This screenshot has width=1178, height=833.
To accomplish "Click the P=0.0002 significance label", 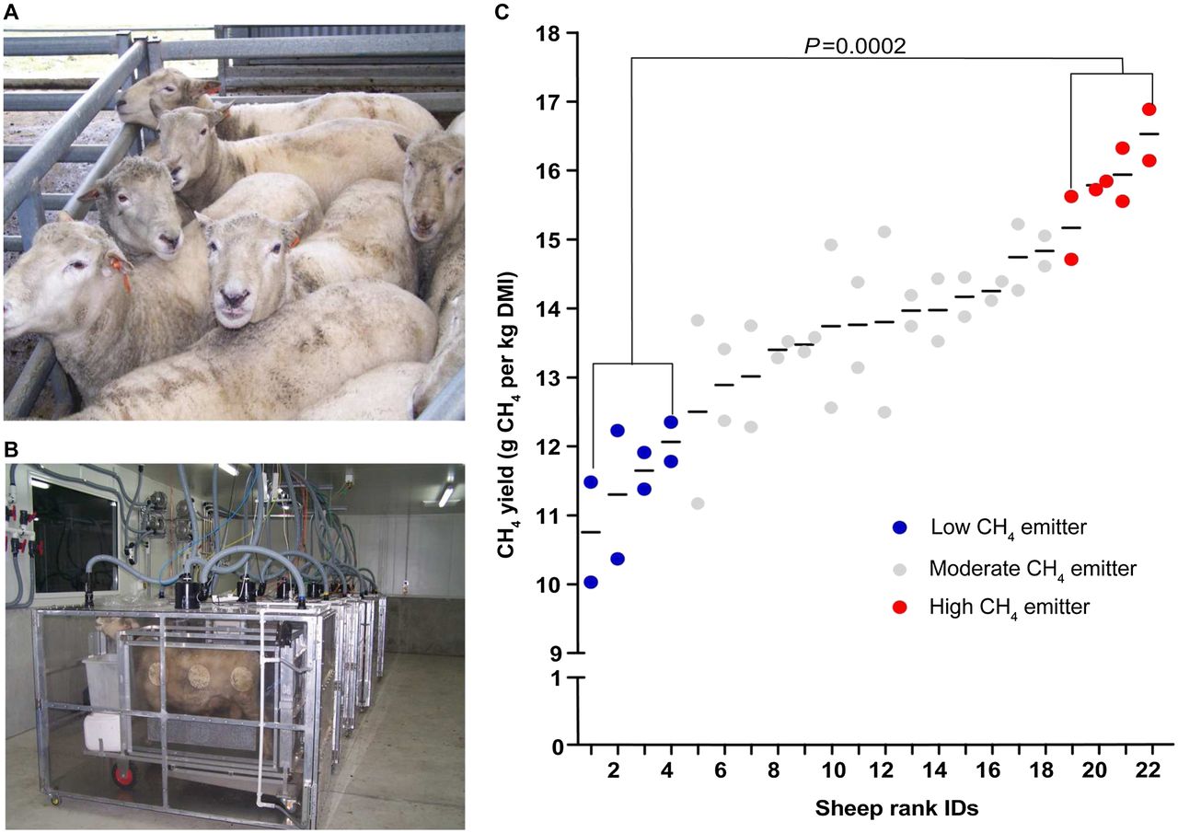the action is click(x=855, y=46).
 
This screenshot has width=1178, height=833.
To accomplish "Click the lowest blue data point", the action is click(x=591, y=582).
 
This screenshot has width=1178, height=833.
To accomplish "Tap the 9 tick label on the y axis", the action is click(x=556, y=654).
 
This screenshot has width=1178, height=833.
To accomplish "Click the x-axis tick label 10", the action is click(x=833, y=771).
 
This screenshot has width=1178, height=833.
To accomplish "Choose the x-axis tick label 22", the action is click(x=1148, y=771).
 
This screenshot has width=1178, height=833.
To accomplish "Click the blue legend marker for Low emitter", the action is click(x=900, y=527).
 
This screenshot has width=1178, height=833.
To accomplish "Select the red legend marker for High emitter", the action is click(x=900, y=607).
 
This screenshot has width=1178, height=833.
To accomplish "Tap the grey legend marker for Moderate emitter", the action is click(x=900, y=569).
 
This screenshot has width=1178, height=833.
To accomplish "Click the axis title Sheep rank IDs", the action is click(x=896, y=808).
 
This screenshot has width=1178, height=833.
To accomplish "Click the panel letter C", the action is click(x=502, y=11).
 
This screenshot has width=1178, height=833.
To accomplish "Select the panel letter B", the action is click(x=11, y=449).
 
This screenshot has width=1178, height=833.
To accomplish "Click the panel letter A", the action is click(x=11, y=12).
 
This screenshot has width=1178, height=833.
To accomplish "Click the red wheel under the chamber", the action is click(x=124, y=775).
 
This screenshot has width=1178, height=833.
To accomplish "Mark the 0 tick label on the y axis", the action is click(x=557, y=747).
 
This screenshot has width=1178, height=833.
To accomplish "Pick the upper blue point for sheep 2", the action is click(x=618, y=430).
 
